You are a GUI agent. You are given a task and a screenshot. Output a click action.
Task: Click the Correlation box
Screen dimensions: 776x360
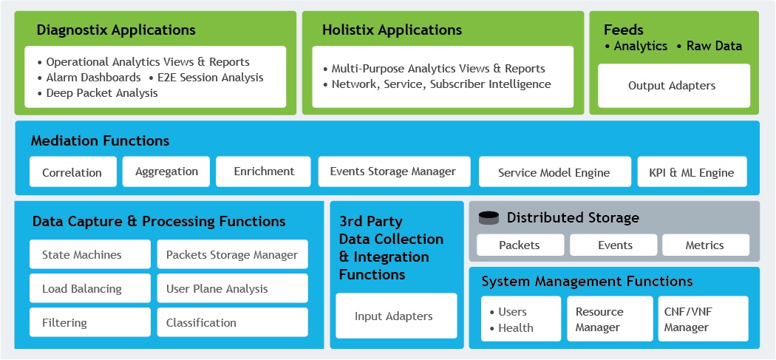pos(72,171)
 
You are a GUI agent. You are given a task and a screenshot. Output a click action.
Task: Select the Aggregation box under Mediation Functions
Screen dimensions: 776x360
pos(166,171)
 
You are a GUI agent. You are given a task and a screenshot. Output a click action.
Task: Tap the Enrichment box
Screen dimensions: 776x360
pos(263,171)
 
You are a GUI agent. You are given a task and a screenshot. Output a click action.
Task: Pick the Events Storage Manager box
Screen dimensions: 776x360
pos(394,171)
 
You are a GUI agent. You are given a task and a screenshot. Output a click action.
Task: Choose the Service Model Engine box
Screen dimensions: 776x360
pos(555,171)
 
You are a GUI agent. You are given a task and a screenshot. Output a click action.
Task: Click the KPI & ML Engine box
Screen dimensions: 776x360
pos(692,171)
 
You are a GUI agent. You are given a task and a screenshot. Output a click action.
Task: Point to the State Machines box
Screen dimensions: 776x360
pos(90,254)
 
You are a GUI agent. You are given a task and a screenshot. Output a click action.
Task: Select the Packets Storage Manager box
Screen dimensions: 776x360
pos(233,254)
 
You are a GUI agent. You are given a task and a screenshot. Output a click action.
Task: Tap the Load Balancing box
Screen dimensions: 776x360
pos(90,288)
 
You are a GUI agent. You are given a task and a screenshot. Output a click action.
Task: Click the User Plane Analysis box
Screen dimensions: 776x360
pos(233,288)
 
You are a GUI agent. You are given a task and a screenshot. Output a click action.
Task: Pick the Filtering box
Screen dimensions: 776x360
pos(90,322)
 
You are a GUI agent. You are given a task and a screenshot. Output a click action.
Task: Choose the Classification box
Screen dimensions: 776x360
pos(233,322)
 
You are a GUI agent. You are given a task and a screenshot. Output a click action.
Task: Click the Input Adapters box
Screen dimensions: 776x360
pos(396,316)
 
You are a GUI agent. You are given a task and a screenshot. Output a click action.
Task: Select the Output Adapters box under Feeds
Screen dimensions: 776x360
pos(674,86)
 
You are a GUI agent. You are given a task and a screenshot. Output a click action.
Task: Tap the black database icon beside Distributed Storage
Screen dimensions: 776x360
pos(489,218)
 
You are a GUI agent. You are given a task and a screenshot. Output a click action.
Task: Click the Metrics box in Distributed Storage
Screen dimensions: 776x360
pos(706,245)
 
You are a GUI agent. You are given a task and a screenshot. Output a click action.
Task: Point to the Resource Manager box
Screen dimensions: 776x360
pos(610,319)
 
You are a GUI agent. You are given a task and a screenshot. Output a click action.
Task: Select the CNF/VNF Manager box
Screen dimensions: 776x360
pos(704,319)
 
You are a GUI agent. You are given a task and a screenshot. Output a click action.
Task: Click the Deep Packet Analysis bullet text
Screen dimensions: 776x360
pos(102,93)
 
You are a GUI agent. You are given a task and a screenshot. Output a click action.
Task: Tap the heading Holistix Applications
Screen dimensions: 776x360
pos(392,30)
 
